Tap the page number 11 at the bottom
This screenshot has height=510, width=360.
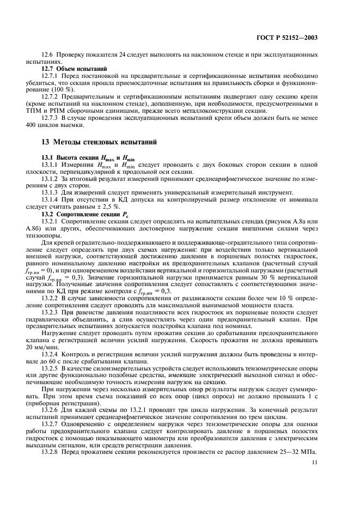314,462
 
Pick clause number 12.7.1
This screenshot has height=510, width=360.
52,77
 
